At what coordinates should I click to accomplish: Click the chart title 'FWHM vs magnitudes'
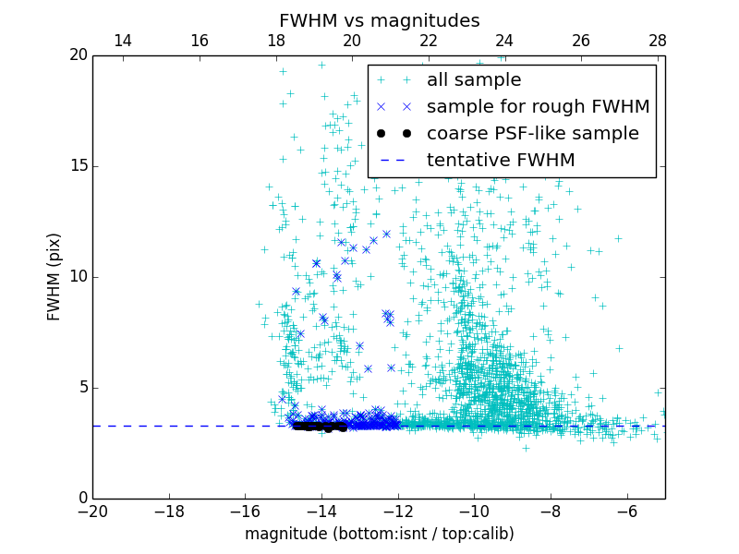[x=379, y=20]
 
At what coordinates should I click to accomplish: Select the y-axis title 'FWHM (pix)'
[x=55, y=276]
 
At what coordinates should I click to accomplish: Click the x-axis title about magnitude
[x=379, y=534]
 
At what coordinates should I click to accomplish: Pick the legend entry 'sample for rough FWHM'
[x=538, y=107]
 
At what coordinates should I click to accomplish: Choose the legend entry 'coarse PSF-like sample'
[x=532, y=134]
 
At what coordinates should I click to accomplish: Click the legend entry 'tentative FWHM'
[x=500, y=161]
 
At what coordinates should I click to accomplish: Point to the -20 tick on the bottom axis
[x=92, y=511]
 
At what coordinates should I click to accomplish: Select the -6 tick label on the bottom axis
[x=626, y=511]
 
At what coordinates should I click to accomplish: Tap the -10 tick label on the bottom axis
[x=474, y=511]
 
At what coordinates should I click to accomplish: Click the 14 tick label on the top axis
[x=123, y=42]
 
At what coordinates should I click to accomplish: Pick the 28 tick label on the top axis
[x=658, y=42]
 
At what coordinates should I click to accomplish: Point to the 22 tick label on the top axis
[x=429, y=42]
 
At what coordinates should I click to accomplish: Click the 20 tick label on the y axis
[x=77, y=55]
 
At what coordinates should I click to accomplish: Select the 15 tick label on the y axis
[x=77, y=166]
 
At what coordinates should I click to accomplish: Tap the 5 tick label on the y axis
[x=81, y=387]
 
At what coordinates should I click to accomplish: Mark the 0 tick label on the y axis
[x=81, y=499]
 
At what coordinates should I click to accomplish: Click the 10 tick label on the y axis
[x=77, y=277]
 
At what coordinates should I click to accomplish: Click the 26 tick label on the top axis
[x=581, y=42]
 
